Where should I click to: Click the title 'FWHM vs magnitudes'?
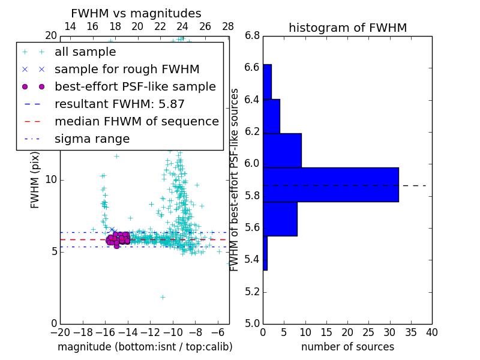(x=136, y=14)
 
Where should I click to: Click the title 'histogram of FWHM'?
(x=347, y=28)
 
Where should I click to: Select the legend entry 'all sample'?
(x=85, y=52)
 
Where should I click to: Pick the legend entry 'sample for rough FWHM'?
(x=127, y=70)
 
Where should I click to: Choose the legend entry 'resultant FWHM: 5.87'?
(x=119, y=104)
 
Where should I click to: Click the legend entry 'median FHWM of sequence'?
(x=136, y=121)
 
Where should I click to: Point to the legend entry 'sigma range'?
(x=92, y=139)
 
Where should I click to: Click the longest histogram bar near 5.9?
(x=331, y=184)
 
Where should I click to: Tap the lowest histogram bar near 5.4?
(x=265, y=253)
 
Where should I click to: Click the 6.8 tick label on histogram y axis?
(x=252, y=36)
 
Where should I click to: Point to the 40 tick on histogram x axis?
(x=431, y=332)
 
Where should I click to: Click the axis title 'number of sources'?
(x=347, y=347)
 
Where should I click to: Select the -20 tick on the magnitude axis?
(x=60, y=332)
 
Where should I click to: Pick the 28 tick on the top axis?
(x=228, y=26)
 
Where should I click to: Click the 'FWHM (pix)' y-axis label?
(x=35, y=180)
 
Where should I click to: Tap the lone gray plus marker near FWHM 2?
(x=163, y=297)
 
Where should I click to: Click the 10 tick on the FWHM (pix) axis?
(x=52, y=180)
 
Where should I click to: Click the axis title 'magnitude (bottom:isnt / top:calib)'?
(x=145, y=347)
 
